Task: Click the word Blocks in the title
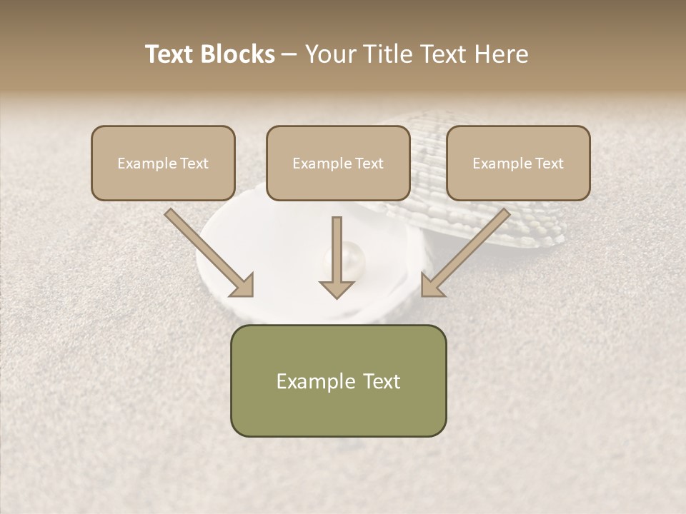coord(239,54)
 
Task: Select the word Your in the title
coord(329,54)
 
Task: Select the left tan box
coord(163,163)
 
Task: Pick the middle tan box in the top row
coord(338,163)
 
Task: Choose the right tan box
coord(518,163)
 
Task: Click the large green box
coord(338,381)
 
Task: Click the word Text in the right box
coord(549,163)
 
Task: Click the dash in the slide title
coord(289,54)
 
